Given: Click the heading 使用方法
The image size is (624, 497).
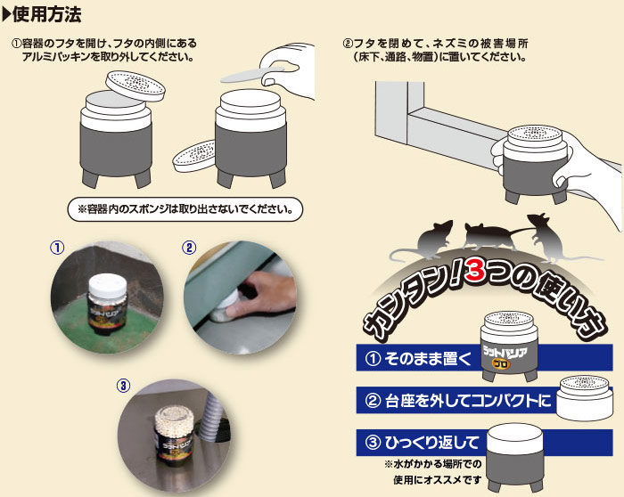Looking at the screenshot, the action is pos(47,15).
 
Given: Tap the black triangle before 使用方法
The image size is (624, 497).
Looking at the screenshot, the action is pos(7,15).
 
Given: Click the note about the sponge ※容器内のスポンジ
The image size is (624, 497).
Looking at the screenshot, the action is pos(185,208).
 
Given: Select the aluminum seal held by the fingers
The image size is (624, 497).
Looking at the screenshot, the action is pos(251,75).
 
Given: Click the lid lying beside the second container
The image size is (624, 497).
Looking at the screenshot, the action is pos(193,155).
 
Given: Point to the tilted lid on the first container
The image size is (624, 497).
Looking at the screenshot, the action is pos(135,86).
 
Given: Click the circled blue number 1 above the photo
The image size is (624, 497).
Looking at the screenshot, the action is pos(57,248).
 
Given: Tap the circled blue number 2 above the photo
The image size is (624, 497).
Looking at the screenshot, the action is pos(189,248).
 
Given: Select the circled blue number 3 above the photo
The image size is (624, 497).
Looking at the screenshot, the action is pos(123,386).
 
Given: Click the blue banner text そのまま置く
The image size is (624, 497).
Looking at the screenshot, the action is pos(427,359).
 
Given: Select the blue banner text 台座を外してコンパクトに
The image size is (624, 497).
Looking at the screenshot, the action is pos(468,401).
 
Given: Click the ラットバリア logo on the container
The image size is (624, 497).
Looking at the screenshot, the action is pos(505,354).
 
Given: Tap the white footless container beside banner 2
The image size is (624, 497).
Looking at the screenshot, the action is pos(585,397).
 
